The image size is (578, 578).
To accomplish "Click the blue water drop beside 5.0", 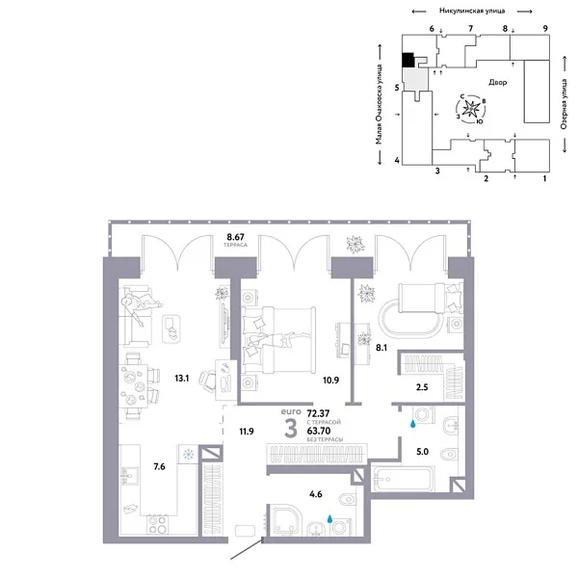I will pos(415,421).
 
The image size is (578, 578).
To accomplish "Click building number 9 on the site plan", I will pos(546,30).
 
